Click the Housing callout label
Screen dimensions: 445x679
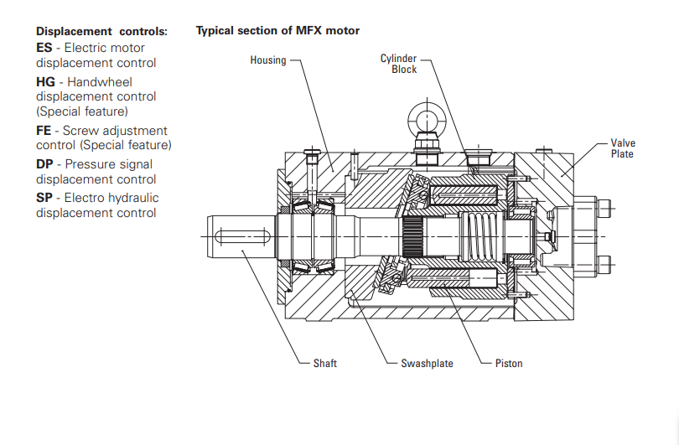click(x=267, y=60)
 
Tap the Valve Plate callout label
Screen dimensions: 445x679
click(x=622, y=148)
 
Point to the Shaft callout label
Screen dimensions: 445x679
click(x=325, y=364)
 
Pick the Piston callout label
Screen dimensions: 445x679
click(x=508, y=364)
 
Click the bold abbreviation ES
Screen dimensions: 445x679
click(x=44, y=49)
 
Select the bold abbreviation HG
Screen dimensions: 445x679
click(x=46, y=82)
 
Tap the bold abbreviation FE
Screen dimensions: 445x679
click(x=44, y=131)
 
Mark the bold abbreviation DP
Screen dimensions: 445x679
click(x=45, y=164)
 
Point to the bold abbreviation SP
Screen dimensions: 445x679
click(x=44, y=198)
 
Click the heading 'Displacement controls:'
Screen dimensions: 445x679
click(x=101, y=31)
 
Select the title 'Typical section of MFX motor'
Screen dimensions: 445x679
click(x=277, y=31)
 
